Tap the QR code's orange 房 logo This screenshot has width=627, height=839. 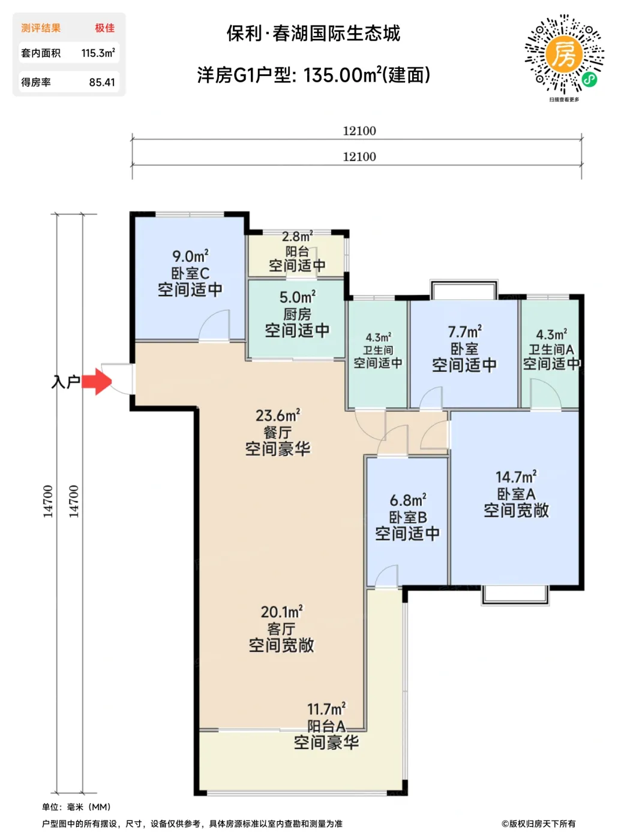pyautogui.click(x=564, y=55)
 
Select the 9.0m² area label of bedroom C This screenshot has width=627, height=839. pyautogui.click(x=190, y=256)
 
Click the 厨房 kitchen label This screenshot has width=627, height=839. pyautogui.click(x=297, y=314)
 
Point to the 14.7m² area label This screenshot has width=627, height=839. pyautogui.click(x=516, y=476)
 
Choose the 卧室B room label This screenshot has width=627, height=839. pyautogui.click(x=408, y=517)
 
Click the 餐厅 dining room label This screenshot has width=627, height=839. pyautogui.click(x=278, y=432)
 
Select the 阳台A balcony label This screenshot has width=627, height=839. pyautogui.click(x=326, y=726)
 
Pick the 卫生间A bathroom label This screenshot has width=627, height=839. pyautogui.click(x=551, y=349)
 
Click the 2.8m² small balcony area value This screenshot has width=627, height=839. pyautogui.click(x=297, y=237)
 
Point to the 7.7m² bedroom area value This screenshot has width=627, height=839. pyautogui.click(x=465, y=331)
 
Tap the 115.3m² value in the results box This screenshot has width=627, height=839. pyautogui.click(x=98, y=53)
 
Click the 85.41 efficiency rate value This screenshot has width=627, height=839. pyautogui.click(x=102, y=82)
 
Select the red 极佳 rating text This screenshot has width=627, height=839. pyautogui.click(x=105, y=28)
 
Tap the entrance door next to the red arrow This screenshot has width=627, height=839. pyautogui.click(x=119, y=378)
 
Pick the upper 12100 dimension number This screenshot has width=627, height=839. pyautogui.click(x=359, y=131)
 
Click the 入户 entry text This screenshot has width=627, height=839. pyautogui.click(x=65, y=382)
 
